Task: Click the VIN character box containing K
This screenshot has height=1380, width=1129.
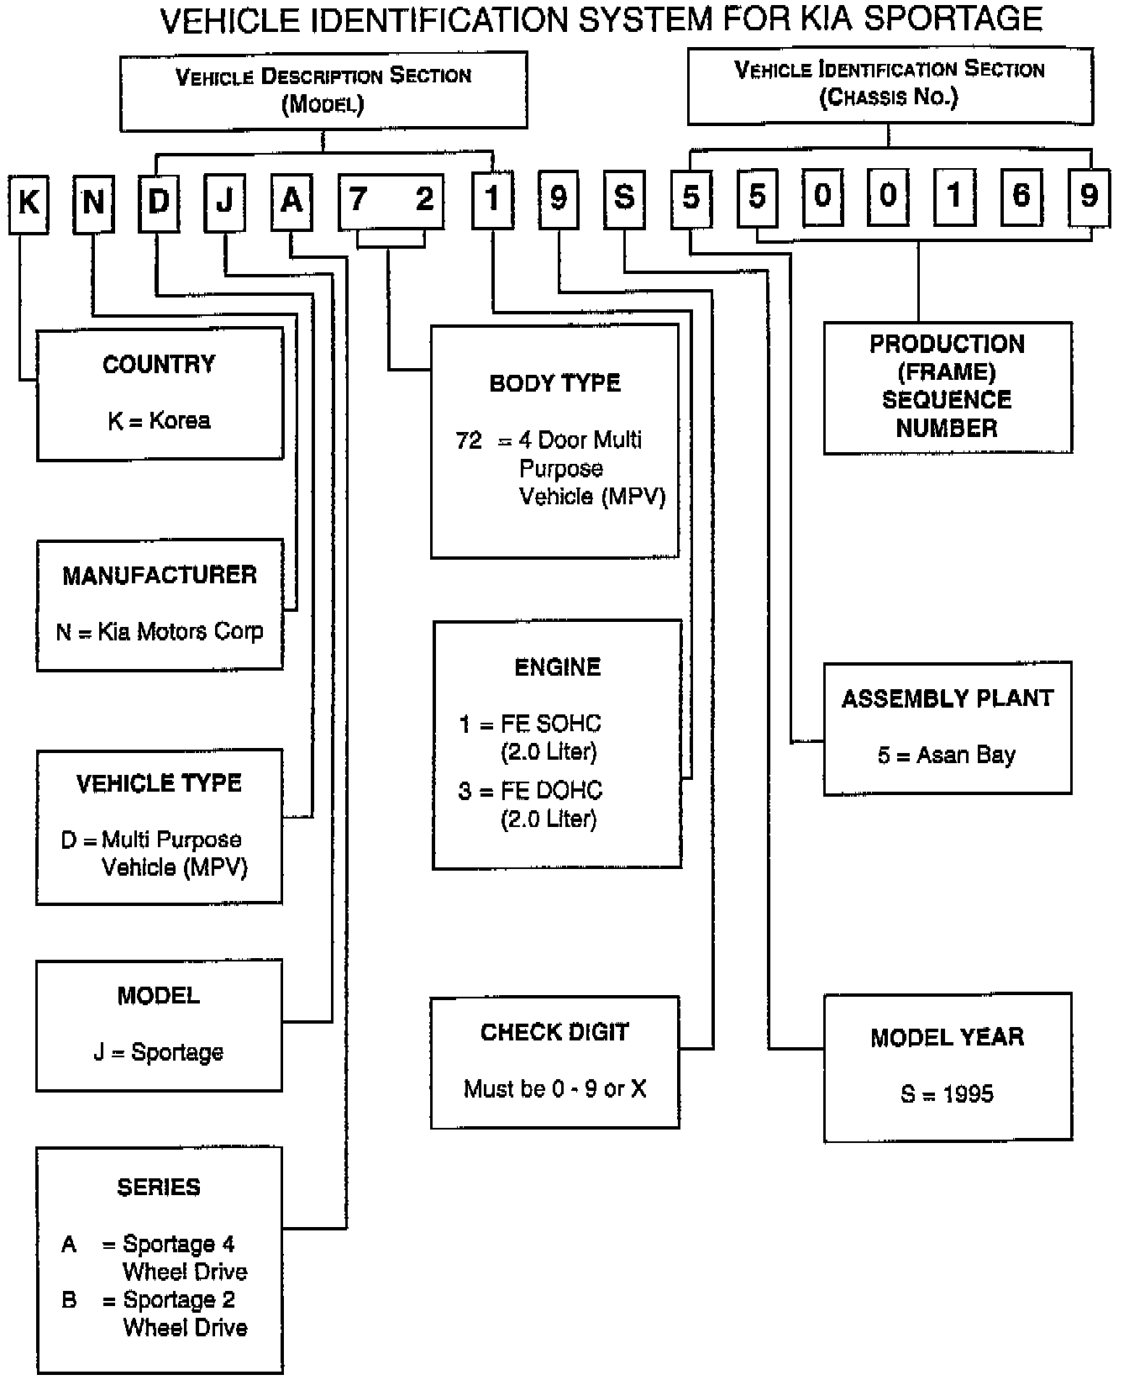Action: [29, 203]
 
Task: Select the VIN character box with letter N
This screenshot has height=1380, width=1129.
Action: [93, 203]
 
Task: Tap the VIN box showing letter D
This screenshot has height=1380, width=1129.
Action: [159, 202]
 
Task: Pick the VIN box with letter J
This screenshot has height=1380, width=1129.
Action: [224, 202]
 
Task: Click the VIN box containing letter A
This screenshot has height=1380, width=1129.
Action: [291, 202]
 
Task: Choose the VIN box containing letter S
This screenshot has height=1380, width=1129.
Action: [624, 199]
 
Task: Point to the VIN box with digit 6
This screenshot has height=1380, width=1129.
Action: [1021, 198]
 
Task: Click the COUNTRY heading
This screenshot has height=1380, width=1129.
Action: [159, 365]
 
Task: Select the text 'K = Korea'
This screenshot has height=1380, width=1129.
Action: [159, 420]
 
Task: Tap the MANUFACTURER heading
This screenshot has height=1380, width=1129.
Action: [160, 576]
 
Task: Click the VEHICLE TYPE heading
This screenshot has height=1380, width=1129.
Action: [159, 784]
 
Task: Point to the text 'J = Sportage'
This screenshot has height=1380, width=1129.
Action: [159, 1052]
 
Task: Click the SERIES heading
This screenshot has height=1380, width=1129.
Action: [159, 1188]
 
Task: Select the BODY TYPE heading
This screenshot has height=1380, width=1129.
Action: [554, 383]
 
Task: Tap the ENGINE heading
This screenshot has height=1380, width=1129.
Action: [558, 667]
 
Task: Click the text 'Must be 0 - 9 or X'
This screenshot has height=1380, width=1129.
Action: [555, 1089]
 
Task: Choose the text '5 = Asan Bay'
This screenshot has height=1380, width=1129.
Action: [947, 756]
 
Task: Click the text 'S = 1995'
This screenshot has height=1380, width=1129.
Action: [948, 1094]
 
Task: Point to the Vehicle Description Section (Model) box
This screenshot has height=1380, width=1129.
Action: [323, 91]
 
